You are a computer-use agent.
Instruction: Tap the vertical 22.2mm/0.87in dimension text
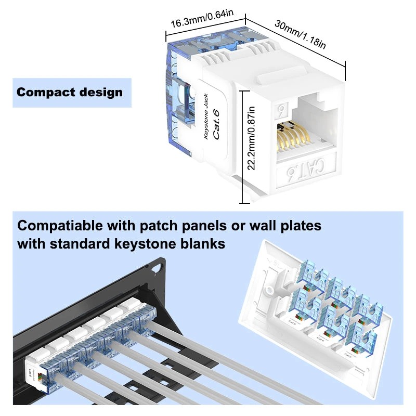pos(252,138)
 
